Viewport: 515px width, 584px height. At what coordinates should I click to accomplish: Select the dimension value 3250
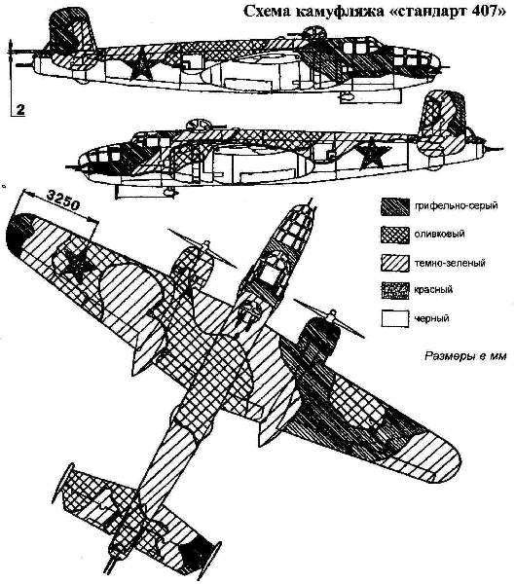pos(64,201)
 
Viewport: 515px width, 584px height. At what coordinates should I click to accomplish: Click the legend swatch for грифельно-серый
pos(395,206)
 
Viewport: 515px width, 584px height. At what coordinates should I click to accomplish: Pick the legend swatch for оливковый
pos(395,235)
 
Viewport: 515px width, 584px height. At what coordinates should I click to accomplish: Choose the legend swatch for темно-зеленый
pos(395,263)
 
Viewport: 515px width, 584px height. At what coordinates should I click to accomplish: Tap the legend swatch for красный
pos(395,290)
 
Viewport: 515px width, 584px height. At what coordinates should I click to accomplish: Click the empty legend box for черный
pos(395,319)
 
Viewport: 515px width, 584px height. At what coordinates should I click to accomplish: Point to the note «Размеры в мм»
pos(465,356)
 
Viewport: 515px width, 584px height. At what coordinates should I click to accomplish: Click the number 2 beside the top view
pos(20,109)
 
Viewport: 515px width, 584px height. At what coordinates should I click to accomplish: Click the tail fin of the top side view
pos(73,28)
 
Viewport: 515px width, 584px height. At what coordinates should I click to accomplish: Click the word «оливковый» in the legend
pos(440,235)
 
